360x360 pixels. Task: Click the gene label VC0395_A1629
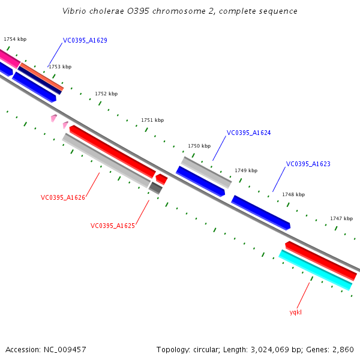pyautogui.click(x=85, y=41)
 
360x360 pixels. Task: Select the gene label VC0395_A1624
pyautogui.click(x=248, y=133)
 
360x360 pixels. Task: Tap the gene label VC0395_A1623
pyautogui.click(x=308, y=164)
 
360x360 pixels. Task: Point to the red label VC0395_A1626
pyautogui.click(x=63, y=197)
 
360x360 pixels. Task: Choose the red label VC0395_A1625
pyautogui.click(x=113, y=226)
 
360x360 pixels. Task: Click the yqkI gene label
pyautogui.click(x=296, y=312)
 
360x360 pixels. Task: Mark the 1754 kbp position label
pyautogui.click(x=15, y=39)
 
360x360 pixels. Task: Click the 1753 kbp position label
pyautogui.click(x=60, y=67)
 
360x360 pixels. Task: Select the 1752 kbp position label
pyautogui.click(x=106, y=94)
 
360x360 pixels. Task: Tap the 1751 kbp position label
pyautogui.click(x=152, y=120)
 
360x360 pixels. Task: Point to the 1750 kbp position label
pyautogui.click(x=199, y=146)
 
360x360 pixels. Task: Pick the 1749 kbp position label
pyautogui.click(x=246, y=170)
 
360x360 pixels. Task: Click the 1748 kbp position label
pyautogui.click(x=293, y=194)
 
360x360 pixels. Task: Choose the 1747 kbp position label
pyautogui.click(x=341, y=218)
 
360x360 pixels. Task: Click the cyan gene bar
pyautogui.click(x=315, y=270)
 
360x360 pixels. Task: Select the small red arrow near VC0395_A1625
pyautogui.click(x=161, y=179)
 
